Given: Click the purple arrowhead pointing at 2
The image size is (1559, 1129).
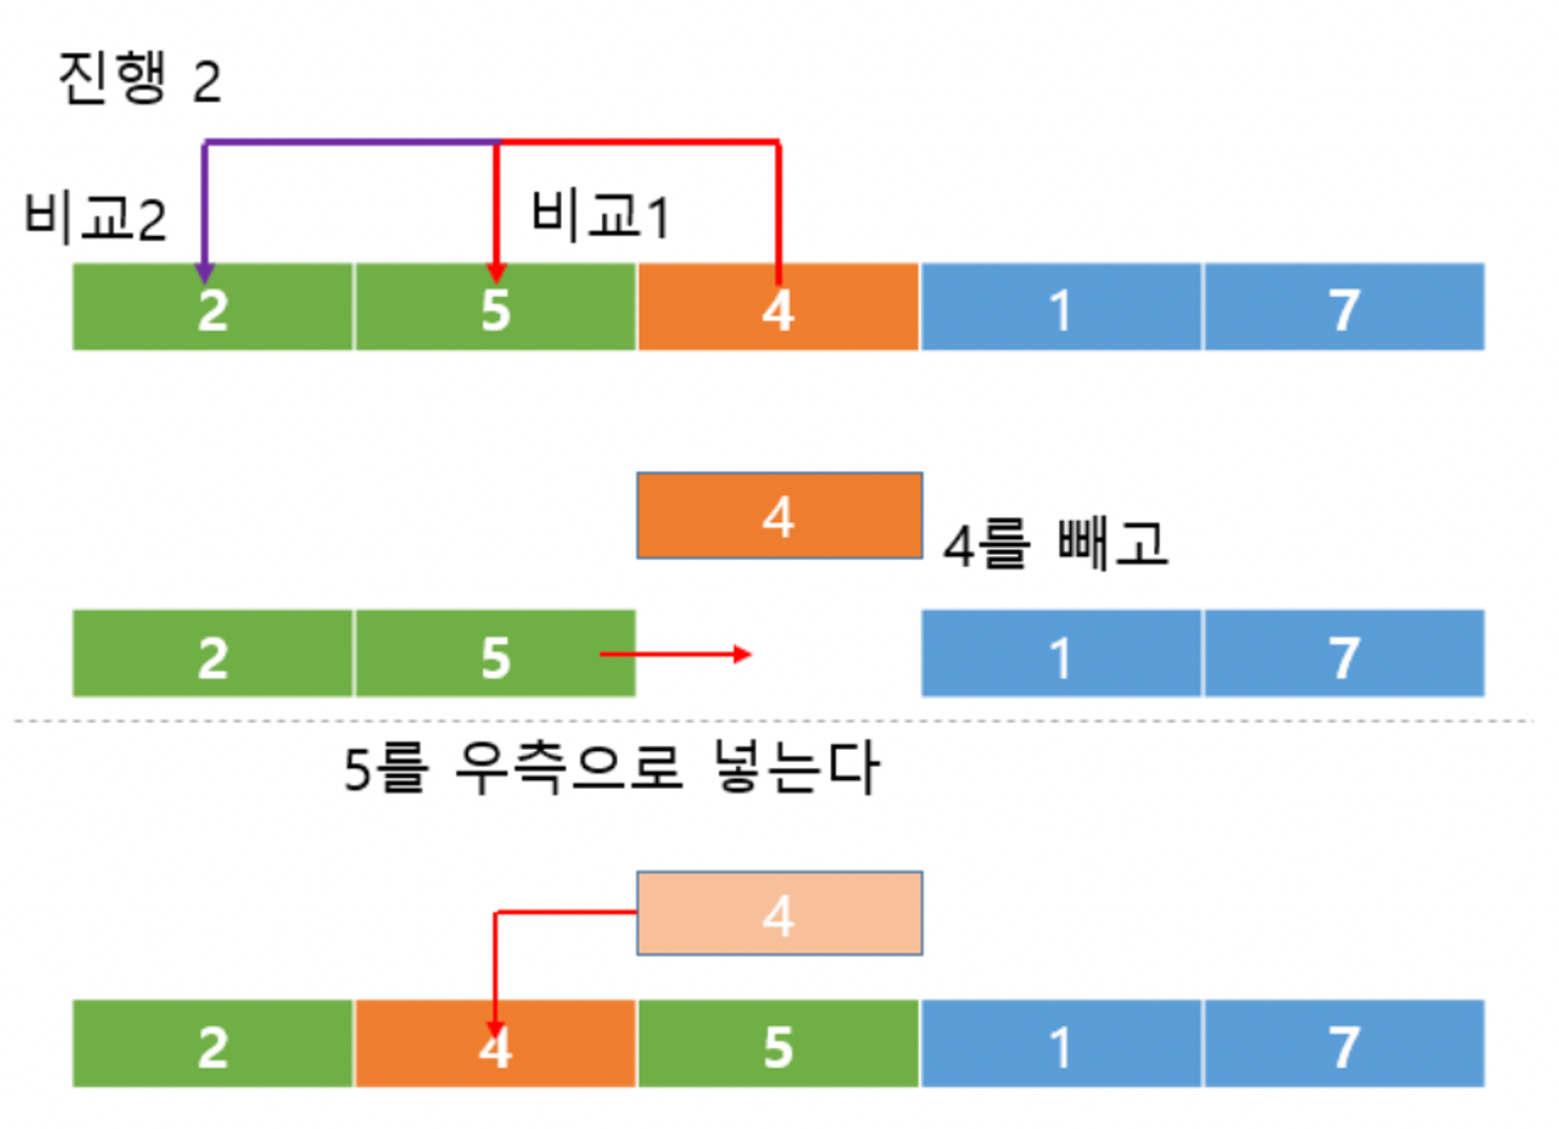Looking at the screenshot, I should pos(204,273).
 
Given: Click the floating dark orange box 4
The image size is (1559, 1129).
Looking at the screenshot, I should pos(779,515).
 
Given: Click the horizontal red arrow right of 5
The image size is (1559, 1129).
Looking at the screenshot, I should pos(675,654).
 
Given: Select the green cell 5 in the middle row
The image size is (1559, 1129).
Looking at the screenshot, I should pos(495,654).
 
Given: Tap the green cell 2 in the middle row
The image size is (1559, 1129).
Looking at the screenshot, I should pos(212,654).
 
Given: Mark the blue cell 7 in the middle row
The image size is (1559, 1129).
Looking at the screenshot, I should pos(1344,654).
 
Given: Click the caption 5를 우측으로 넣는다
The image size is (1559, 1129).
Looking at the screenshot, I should pos(612,768).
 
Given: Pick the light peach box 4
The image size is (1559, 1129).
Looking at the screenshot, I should pos(779,913).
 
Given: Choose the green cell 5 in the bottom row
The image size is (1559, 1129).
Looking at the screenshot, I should pos(778,1044).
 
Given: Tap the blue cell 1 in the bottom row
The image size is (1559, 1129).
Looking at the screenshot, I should pos(1060,1044).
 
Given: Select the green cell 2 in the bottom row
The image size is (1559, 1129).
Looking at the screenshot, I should pos(212,1044).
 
